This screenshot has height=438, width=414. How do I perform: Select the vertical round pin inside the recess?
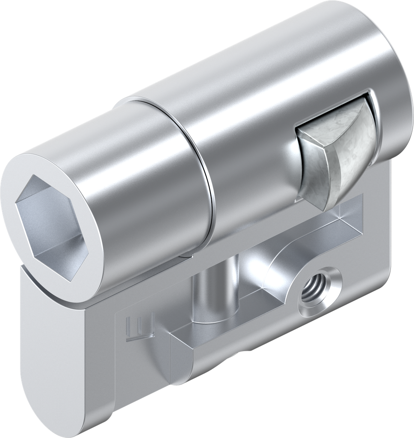coord(210,295)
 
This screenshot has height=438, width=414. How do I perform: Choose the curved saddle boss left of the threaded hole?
coord(278,274)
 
